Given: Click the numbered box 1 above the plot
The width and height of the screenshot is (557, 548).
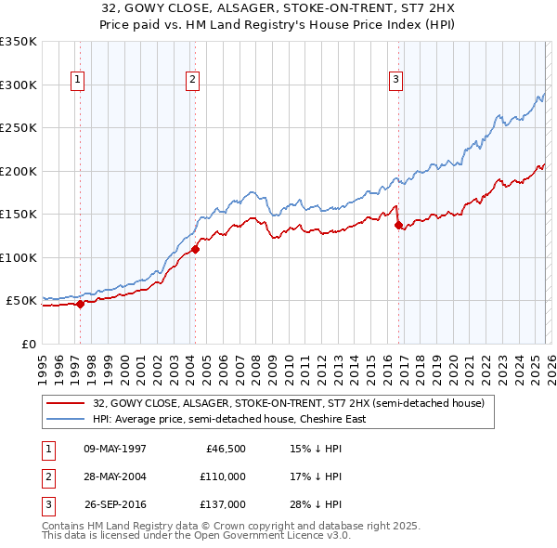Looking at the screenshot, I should pyautogui.click(x=77, y=81).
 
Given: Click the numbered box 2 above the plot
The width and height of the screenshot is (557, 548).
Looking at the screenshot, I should pyautogui.click(x=192, y=81).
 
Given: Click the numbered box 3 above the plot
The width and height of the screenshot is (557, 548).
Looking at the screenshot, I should pyautogui.click(x=395, y=81).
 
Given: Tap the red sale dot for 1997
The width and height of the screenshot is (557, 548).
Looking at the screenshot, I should pyautogui.click(x=81, y=304).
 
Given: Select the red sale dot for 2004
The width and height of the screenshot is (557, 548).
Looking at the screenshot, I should pyautogui.click(x=196, y=249).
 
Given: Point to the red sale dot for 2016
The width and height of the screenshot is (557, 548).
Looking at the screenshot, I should pyautogui.click(x=398, y=225).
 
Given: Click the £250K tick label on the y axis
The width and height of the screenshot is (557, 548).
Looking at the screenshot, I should pyautogui.click(x=18, y=128).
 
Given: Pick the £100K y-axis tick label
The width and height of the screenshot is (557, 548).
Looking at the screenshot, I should pyautogui.click(x=18, y=257).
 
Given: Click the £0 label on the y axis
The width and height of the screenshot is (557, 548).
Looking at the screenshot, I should pyautogui.click(x=27, y=344).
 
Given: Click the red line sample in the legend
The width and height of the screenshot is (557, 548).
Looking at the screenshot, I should pyautogui.click(x=67, y=404).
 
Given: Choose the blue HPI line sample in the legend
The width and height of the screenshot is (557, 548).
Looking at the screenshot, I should pyautogui.click(x=67, y=419).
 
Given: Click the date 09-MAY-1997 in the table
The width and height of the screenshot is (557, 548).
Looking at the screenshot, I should pyautogui.click(x=115, y=449).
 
